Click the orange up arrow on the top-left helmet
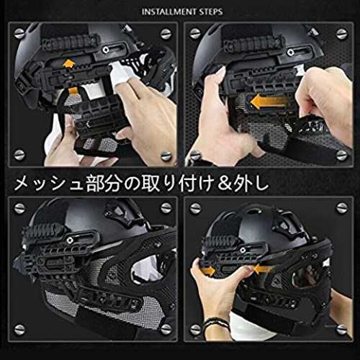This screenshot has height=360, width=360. (68, 64)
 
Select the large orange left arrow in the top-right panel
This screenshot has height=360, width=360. (269, 101)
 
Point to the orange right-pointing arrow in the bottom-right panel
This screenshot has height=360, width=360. (207, 271)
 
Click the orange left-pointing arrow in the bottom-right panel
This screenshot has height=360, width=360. (261, 269)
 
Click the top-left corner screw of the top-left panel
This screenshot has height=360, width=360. (19, 33)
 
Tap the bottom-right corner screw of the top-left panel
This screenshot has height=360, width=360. (166, 156)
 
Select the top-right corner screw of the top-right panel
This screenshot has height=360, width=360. (342, 34)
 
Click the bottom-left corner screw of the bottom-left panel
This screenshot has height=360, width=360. (19, 330)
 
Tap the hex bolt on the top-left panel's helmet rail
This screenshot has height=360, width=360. (105, 50)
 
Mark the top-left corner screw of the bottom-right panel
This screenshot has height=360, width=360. (195, 208)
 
